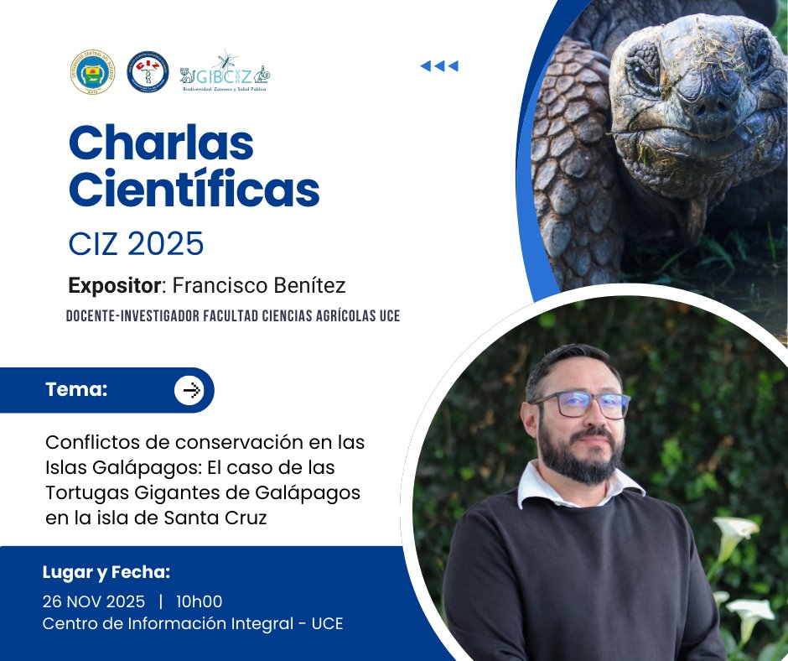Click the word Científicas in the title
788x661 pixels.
(194, 190)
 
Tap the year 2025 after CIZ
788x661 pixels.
(168, 243)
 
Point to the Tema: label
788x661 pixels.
(76, 389)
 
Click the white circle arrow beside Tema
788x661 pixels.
(190, 390)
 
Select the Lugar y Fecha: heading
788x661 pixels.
(106, 573)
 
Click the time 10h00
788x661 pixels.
(199, 601)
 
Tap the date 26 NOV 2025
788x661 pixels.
(93, 601)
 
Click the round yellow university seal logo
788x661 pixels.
(91, 72)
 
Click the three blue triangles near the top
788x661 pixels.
(439, 66)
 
